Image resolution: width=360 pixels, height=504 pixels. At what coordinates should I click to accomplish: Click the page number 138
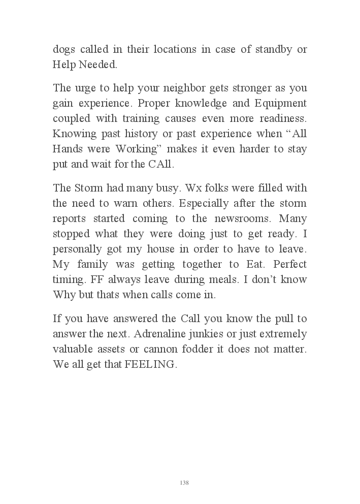184,483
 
